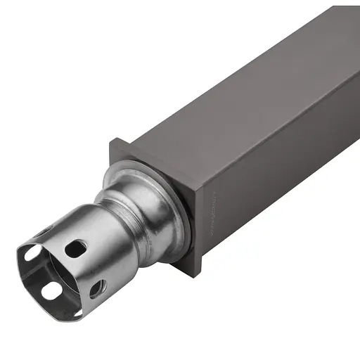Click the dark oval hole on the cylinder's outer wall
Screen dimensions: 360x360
pos(75,248)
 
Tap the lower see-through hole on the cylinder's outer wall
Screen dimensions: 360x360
pos(96,288)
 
